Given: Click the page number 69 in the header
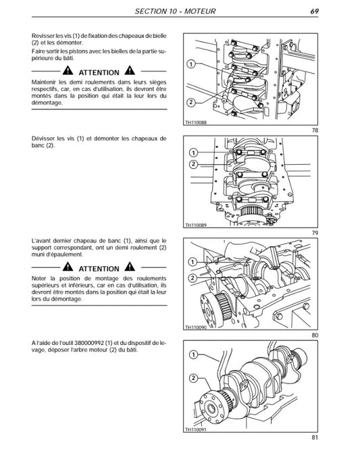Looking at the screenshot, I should click(315, 11).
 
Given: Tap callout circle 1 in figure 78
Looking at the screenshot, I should click(192, 63).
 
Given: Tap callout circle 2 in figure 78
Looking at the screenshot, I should click(192, 102).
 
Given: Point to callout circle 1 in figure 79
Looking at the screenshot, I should click(193, 153).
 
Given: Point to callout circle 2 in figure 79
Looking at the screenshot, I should click(193, 164).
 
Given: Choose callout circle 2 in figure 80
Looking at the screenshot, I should click(193, 277).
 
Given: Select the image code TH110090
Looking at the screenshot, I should click(197, 328).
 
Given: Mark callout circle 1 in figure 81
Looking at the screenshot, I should click(193, 354).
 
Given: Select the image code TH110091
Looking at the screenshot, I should click(197, 430).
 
